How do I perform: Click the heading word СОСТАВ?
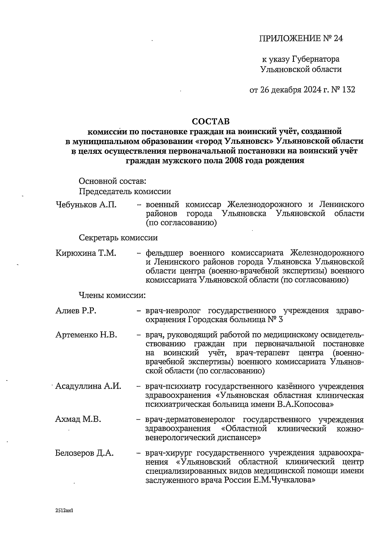click(211, 121)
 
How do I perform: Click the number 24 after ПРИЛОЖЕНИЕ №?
click(337, 38)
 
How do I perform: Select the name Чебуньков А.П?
click(86, 205)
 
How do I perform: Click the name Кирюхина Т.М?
click(86, 253)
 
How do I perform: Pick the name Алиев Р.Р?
click(76, 311)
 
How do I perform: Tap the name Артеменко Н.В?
click(86, 335)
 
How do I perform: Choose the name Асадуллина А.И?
click(88, 386)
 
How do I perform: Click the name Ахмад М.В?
click(78, 420)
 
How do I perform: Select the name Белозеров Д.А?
click(84, 453)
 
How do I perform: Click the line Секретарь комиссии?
click(118, 238)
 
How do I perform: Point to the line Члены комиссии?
click(112, 295)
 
